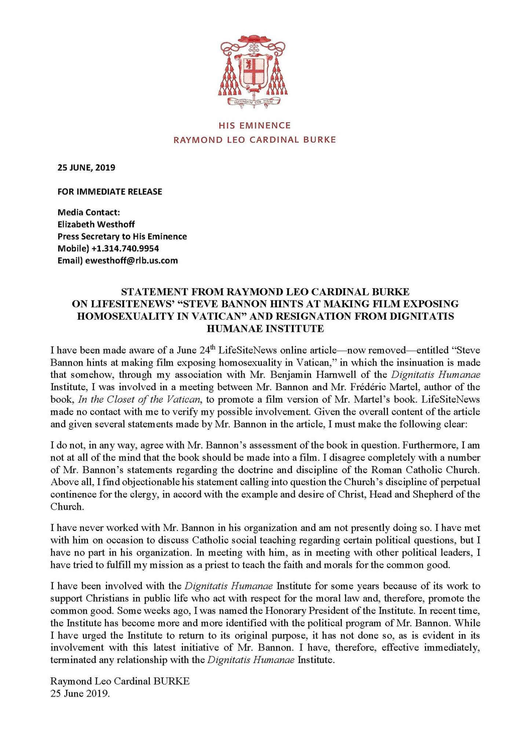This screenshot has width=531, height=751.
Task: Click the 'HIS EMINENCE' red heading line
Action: pos(254,125)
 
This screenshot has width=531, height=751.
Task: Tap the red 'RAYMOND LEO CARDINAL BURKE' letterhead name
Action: pos(254,140)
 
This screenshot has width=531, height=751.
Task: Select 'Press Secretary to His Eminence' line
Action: pos(122,236)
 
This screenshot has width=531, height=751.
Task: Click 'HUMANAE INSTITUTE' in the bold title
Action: pos(265,329)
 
